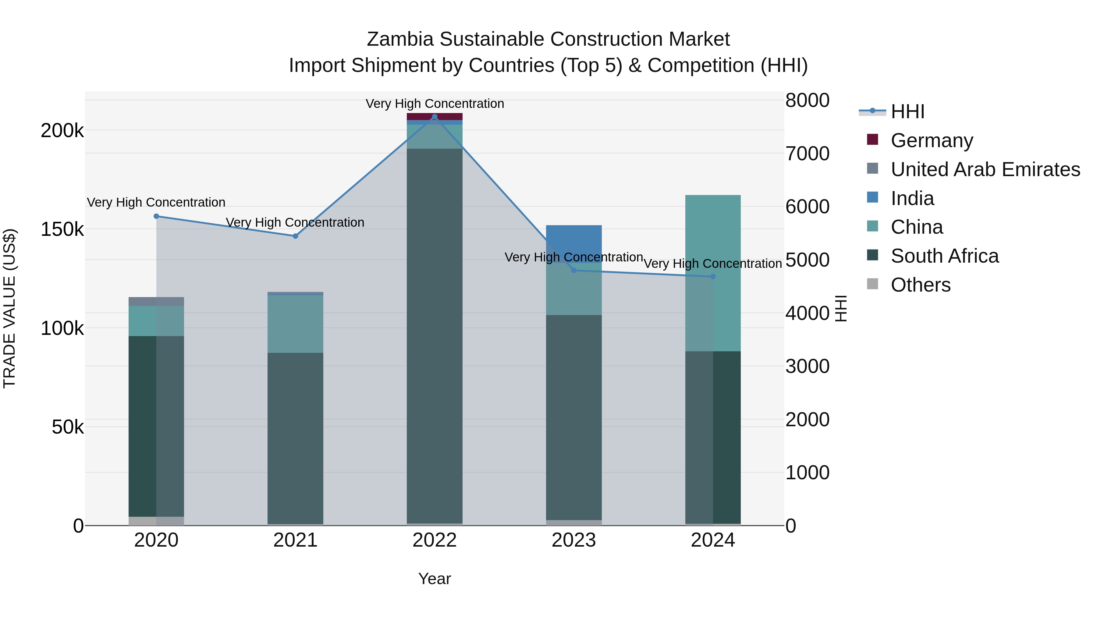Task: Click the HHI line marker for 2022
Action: point(434,117)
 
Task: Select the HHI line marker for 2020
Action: point(156,216)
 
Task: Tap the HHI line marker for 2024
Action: point(713,277)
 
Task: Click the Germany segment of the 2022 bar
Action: point(434,116)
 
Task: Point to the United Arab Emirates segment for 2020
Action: point(156,301)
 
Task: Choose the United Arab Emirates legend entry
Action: point(985,169)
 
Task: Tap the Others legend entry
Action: point(920,285)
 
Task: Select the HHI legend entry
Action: point(907,112)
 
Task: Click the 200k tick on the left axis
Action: point(62,131)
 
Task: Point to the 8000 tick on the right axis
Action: point(807,101)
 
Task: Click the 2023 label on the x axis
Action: point(573,540)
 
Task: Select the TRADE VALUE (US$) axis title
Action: point(9,308)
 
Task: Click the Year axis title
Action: point(434,579)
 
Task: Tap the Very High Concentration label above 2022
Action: point(434,104)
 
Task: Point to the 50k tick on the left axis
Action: point(68,427)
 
